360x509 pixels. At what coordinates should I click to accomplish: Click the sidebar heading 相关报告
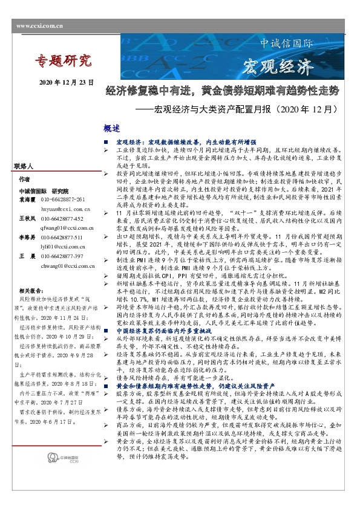32,290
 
